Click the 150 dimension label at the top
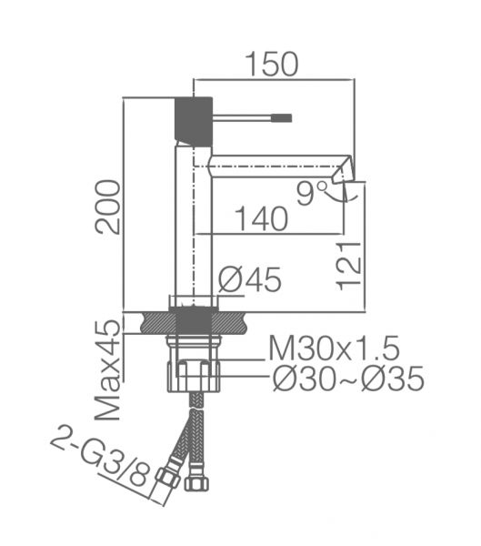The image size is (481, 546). click(272, 64)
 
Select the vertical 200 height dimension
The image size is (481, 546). click(108, 207)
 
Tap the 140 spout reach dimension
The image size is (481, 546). click(262, 219)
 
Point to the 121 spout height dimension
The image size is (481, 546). click(348, 266)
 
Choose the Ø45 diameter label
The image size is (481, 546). click(249, 279)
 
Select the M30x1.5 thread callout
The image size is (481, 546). click(334, 349)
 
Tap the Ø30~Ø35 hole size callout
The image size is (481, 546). click(348, 379)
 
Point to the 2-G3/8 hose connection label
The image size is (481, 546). click(101, 455)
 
